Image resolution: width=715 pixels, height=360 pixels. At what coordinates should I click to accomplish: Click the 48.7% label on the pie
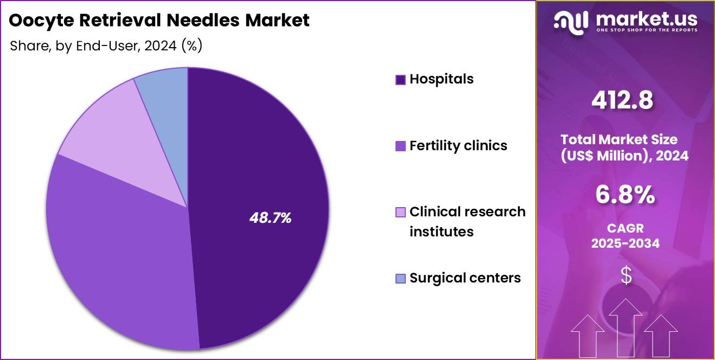[270, 218]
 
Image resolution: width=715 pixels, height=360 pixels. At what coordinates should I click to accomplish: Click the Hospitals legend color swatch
[400, 80]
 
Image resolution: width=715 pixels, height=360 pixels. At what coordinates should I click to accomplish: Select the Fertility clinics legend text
[458, 145]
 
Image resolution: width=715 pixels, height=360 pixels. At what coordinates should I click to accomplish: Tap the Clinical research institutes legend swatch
[400, 212]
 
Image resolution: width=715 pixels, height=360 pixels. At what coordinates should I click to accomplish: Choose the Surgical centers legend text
[465, 278]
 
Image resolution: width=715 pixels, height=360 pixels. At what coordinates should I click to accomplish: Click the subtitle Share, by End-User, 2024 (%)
[106, 46]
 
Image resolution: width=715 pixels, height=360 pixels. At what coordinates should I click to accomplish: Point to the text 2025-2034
[625, 243]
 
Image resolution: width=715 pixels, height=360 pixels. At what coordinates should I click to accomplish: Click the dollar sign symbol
[625, 275]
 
